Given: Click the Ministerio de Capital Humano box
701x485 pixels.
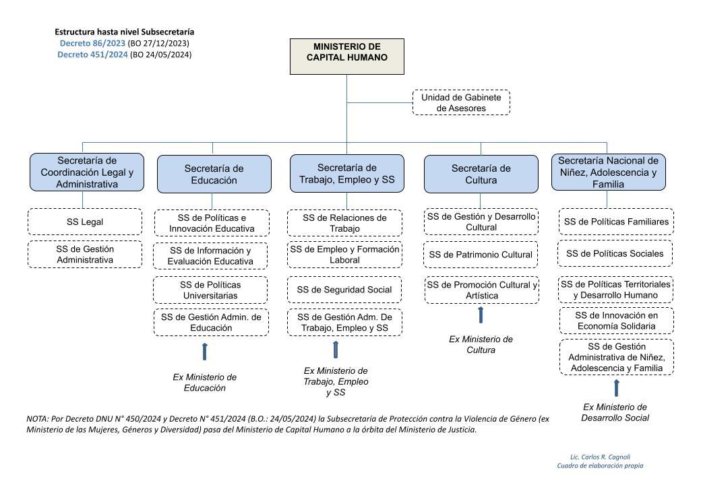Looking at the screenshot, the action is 347,57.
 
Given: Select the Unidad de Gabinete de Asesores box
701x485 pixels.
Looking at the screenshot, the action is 461,102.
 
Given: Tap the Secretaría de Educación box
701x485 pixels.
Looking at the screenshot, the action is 214,174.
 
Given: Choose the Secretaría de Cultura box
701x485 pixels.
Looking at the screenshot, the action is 481,174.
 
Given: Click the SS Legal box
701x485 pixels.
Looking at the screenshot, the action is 85,222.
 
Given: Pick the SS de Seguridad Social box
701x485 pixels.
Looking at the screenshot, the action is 344,290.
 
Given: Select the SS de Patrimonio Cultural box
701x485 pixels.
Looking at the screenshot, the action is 481,255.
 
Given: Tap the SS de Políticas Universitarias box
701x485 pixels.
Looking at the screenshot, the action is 210,290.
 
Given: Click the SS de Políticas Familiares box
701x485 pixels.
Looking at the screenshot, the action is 616,222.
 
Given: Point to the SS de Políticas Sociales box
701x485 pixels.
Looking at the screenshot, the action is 615,253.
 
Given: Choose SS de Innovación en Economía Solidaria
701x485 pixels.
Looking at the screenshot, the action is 617,321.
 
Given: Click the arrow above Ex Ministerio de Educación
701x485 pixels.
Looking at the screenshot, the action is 205,352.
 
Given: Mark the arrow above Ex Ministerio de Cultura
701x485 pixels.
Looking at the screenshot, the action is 481,315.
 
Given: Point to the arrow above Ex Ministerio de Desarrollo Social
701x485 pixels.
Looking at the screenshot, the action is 617,388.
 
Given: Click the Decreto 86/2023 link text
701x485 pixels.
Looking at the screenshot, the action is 92,43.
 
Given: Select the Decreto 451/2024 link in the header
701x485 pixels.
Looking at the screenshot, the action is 92,55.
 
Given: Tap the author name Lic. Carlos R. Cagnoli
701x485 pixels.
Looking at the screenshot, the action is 600,457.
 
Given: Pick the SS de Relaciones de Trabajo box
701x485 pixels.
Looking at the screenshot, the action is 344,223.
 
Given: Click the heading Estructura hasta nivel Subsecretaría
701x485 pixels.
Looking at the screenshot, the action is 124,32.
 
